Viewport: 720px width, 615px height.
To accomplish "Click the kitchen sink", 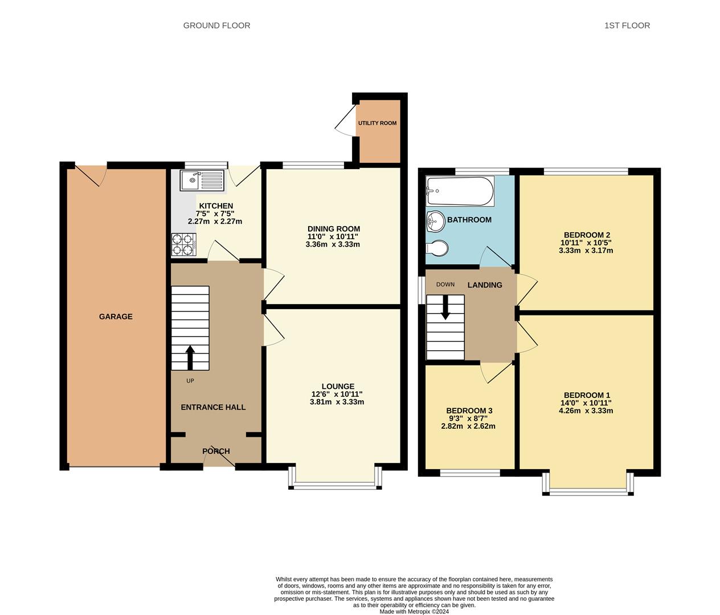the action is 202,180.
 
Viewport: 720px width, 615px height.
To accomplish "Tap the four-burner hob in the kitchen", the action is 183,244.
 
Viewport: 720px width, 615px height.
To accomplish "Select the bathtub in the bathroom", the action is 460,191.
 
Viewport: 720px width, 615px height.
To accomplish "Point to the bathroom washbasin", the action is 435,221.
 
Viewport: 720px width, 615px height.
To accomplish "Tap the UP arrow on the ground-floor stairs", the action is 190,358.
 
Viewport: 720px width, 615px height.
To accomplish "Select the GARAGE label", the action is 116,317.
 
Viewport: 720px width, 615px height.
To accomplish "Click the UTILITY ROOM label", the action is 377,123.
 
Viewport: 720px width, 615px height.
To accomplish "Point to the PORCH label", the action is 216,451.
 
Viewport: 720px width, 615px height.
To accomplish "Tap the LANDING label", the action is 485,285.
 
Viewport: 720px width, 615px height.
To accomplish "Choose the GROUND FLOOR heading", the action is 216,26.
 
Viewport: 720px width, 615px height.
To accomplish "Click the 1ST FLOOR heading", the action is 627,26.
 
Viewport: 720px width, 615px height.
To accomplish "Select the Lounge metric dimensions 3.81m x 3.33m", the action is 337,402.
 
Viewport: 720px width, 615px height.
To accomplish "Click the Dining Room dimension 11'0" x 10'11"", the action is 333,237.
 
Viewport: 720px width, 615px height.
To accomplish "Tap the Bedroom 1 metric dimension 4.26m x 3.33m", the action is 586,411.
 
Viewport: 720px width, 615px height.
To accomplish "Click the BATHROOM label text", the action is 469,220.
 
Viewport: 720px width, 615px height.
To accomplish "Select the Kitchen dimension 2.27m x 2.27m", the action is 215,222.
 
